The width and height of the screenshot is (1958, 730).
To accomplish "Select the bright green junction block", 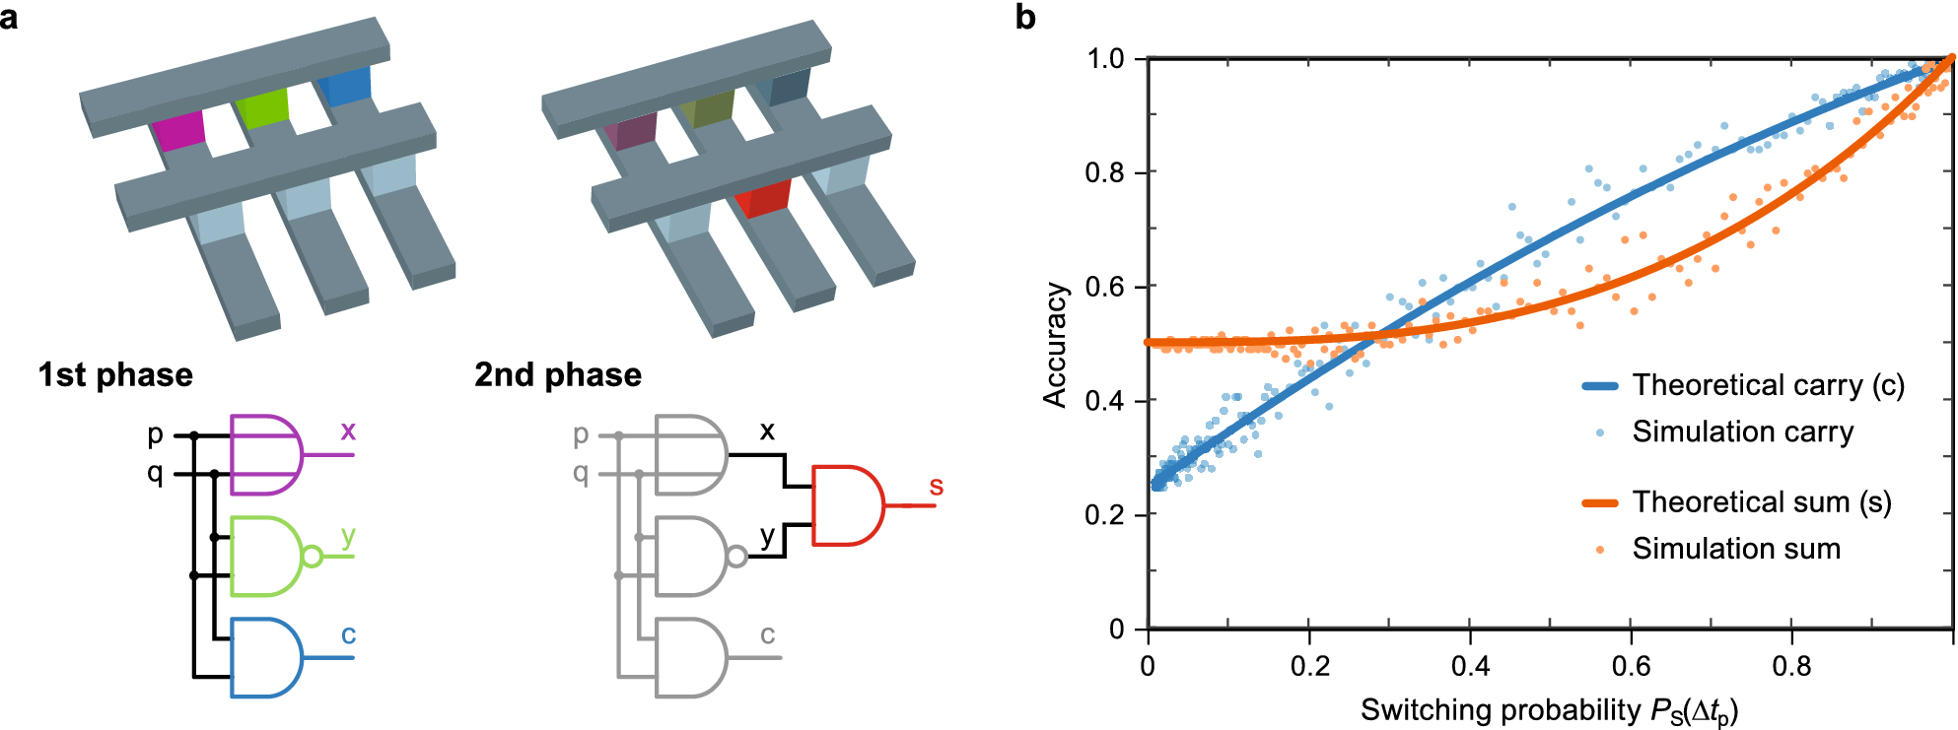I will pos(263,108).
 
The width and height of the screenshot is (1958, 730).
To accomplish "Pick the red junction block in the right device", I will pos(763,198).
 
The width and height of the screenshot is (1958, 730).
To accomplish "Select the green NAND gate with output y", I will pos(264,557).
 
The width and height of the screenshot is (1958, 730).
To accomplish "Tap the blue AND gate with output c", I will pos(264,658).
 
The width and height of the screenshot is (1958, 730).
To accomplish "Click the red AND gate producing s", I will pos(846,505).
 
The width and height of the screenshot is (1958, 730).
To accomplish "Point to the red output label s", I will pos(936,487).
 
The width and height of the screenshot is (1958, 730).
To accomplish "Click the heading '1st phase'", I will pos(115,375).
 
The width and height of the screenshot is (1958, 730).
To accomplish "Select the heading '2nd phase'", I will pos(558,375).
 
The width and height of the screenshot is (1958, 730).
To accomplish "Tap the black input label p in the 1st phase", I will pos(155,434).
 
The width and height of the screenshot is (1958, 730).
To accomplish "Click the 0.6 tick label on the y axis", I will pos(1104,287).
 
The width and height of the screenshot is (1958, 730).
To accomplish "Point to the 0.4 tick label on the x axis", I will pos(1470,667).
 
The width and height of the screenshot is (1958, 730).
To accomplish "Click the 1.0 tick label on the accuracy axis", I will pos(1105,59).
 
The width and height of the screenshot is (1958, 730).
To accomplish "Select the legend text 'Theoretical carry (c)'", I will pos(1768,385).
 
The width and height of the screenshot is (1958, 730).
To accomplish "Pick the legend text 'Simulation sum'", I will pos(1736,549).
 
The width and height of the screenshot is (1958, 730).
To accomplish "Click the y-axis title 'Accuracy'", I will pos(1056,345).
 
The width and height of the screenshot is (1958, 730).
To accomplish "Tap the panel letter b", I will pos(1025,18).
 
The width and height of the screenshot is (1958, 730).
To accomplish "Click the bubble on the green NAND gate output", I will pos(312,557).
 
